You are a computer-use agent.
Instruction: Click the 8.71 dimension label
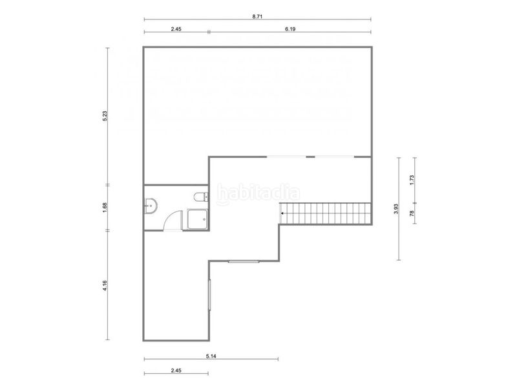(x=257, y=17)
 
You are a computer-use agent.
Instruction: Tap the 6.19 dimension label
(x=290, y=29)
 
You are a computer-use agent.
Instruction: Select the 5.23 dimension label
(x=105, y=116)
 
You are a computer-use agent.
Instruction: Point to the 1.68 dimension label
(x=105, y=208)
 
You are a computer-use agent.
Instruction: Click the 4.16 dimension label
(x=105, y=285)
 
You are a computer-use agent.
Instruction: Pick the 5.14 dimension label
(x=211, y=356)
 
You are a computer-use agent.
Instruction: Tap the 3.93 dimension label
(x=396, y=208)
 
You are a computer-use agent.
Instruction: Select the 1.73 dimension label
(x=412, y=180)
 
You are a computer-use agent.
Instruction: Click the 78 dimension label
(x=412, y=213)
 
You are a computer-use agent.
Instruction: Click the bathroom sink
(x=151, y=206)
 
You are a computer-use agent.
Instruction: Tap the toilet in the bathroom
(x=201, y=197)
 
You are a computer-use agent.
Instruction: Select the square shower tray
(x=198, y=219)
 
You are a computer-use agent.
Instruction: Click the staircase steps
(x=326, y=213)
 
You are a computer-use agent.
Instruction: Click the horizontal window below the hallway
(x=244, y=262)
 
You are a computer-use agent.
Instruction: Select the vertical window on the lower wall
(x=209, y=295)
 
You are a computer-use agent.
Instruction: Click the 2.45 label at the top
(x=176, y=29)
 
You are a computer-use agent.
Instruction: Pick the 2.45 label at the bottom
(x=176, y=371)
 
